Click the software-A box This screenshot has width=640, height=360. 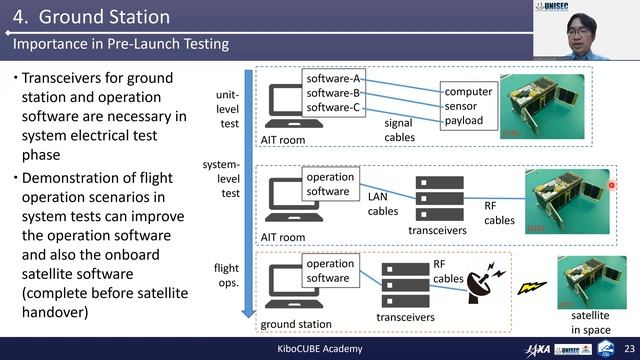[334, 79]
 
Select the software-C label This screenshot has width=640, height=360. [334, 107]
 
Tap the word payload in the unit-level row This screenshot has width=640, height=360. [464, 121]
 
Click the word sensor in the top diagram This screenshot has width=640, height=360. [461, 106]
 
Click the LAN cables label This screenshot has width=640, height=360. [382, 204]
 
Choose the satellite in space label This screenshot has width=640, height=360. [590, 322]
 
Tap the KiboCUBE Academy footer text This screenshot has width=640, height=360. [319, 348]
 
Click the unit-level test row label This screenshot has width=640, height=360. [227, 107]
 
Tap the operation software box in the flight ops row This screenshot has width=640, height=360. [329, 270]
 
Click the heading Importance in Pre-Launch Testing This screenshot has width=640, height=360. [120, 44]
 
